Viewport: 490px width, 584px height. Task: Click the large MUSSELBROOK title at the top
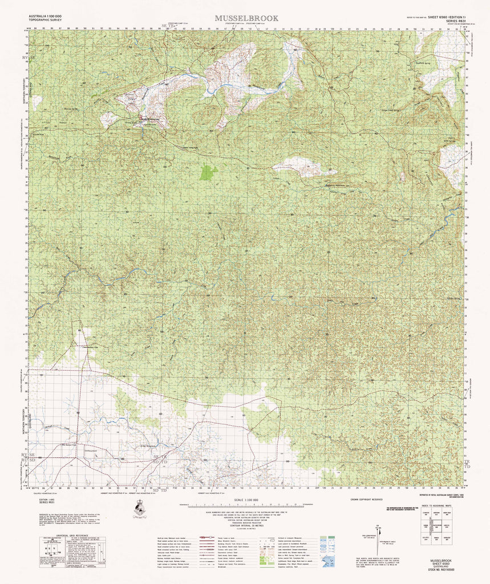246,18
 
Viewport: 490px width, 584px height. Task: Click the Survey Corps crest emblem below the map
138,507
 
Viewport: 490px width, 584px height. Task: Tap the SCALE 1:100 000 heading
245,500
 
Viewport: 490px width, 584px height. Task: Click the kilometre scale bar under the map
245,506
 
